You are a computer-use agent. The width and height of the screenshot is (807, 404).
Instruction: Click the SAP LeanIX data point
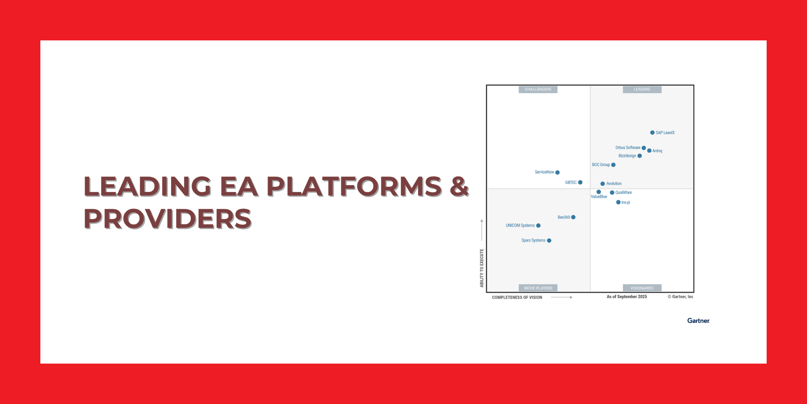click(652, 133)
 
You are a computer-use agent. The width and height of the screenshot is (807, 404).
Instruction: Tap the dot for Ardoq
click(649, 151)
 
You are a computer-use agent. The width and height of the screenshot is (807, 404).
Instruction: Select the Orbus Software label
click(628, 147)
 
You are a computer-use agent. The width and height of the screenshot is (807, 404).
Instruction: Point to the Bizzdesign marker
click(640, 156)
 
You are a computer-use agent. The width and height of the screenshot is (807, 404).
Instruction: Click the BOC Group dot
click(613, 165)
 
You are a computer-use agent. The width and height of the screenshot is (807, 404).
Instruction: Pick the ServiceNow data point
click(558, 173)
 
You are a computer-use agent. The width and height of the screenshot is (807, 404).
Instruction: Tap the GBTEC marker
click(580, 183)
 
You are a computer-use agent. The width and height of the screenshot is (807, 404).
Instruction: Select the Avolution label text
click(614, 183)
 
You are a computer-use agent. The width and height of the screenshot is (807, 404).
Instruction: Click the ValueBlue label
click(599, 197)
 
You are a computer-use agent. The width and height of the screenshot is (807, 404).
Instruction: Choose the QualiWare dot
click(612, 193)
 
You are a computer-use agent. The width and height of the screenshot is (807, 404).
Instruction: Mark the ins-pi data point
click(618, 202)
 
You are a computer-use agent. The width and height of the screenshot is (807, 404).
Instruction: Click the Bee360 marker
click(573, 217)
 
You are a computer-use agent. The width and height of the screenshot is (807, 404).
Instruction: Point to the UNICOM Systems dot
click(538, 226)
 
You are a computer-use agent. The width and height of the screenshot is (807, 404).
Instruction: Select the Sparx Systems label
click(533, 240)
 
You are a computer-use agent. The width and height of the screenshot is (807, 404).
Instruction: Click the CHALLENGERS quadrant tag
click(538, 89)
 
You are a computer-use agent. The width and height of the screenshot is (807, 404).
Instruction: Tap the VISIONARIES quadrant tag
click(642, 288)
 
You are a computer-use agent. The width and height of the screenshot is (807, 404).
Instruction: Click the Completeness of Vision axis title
click(517, 297)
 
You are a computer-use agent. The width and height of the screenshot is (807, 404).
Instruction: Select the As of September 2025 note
click(627, 297)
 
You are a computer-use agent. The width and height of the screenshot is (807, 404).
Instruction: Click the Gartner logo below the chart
click(698, 320)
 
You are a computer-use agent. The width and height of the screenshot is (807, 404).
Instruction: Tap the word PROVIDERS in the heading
click(167, 219)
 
